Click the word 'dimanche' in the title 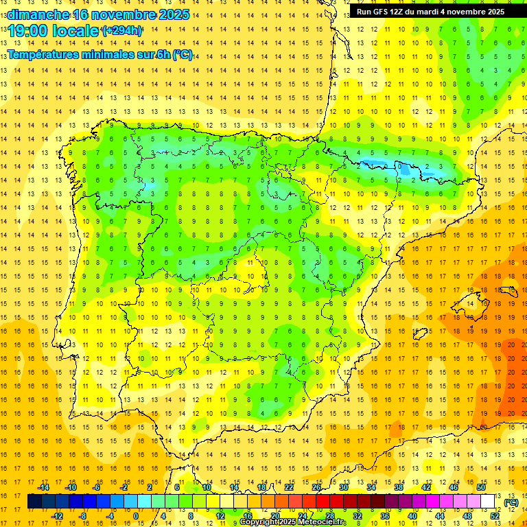click(x=38, y=14)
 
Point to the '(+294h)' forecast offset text click(x=122, y=31)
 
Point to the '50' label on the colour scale click(x=481, y=487)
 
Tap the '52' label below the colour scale click(x=495, y=516)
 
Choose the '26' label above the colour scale click(x=316, y=487)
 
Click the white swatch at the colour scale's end click(x=488, y=502)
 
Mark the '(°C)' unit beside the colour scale click(x=511, y=502)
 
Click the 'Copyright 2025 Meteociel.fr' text click(x=292, y=522)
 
